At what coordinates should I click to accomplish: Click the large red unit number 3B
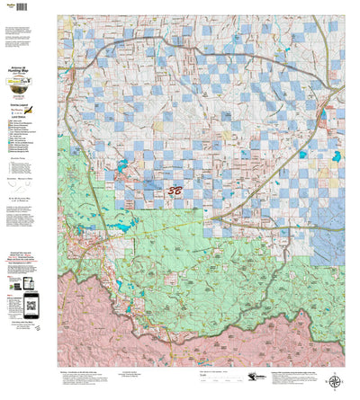click(x=177, y=191)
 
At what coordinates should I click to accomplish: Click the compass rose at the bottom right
click(x=335, y=381)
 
